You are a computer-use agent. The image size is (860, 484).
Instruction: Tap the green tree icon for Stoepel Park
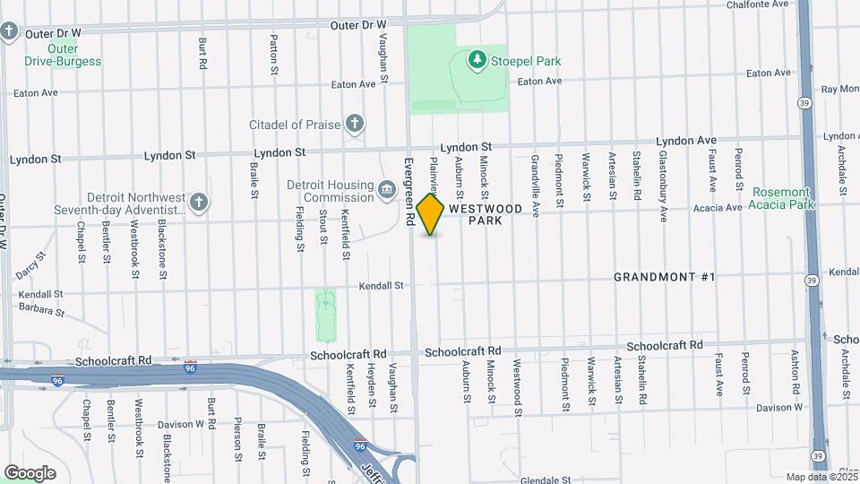click(477, 60)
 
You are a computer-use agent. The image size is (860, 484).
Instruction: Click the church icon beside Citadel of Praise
click(355, 124)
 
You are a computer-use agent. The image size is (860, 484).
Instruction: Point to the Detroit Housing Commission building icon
click(387, 190)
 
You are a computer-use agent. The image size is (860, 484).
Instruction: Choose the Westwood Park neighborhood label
click(486, 213)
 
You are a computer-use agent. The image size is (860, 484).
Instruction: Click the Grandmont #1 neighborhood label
click(664, 277)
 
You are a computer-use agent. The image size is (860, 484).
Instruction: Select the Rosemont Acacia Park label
click(783, 198)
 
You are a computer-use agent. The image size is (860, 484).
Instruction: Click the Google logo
click(30, 472)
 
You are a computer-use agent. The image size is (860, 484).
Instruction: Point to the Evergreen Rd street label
click(408, 191)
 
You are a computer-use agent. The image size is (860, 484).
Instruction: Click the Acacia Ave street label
click(718, 207)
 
